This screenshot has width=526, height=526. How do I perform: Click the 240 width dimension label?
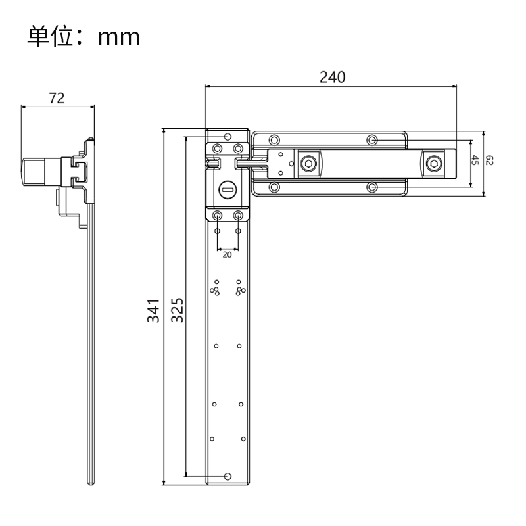tap(332, 77)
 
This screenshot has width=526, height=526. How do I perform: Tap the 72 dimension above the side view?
tap(57, 98)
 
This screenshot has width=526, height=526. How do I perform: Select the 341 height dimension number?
tap(153, 310)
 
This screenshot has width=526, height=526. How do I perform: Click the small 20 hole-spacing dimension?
tap(227, 254)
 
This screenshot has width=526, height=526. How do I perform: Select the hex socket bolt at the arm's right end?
tap(434, 164)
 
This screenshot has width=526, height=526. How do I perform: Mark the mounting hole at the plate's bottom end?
tap(227, 476)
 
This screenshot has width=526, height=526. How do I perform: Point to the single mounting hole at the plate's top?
tap(227, 137)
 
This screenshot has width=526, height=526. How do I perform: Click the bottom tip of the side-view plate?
tap(91, 482)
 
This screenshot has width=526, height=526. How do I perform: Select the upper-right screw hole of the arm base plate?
tap(372, 139)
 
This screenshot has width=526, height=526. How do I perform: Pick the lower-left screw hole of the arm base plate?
tap(274, 188)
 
